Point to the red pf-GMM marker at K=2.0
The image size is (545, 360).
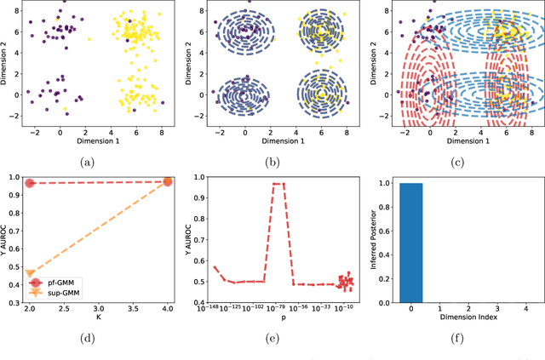[30, 183]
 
